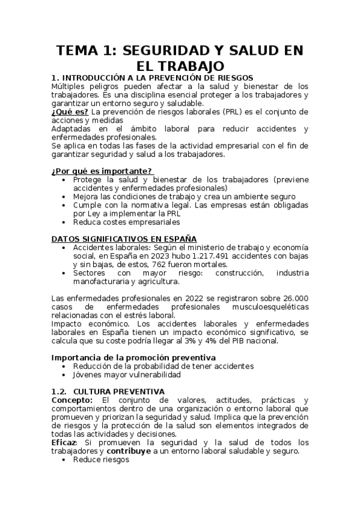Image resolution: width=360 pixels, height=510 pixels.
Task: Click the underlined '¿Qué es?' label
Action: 70,111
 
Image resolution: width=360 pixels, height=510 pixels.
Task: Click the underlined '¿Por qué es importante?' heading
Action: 101,171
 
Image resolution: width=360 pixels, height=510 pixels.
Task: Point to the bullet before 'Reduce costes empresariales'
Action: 64,222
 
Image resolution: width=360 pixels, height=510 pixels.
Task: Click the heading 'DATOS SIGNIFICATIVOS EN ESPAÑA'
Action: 124,239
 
